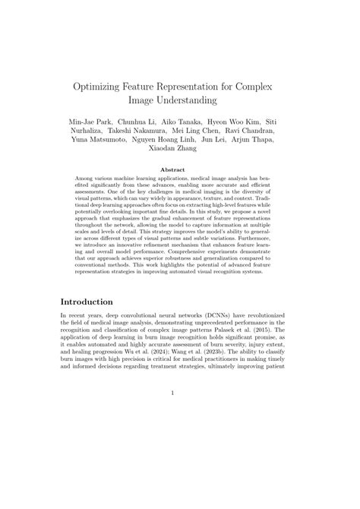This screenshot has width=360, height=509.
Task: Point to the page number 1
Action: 180,415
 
